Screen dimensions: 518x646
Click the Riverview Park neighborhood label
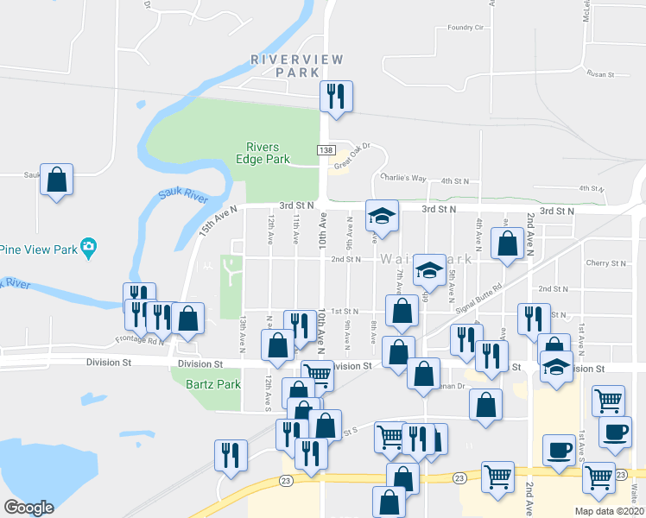[x=297, y=66]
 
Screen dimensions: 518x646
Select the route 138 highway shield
[x=326, y=150]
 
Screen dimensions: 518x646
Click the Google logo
[x=29, y=508]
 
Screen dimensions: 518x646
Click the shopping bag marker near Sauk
[x=56, y=180]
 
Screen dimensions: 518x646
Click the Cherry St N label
[x=605, y=263]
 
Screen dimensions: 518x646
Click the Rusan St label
[x=598, y=75]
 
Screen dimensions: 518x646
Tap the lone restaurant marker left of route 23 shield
[x=231, y=456]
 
